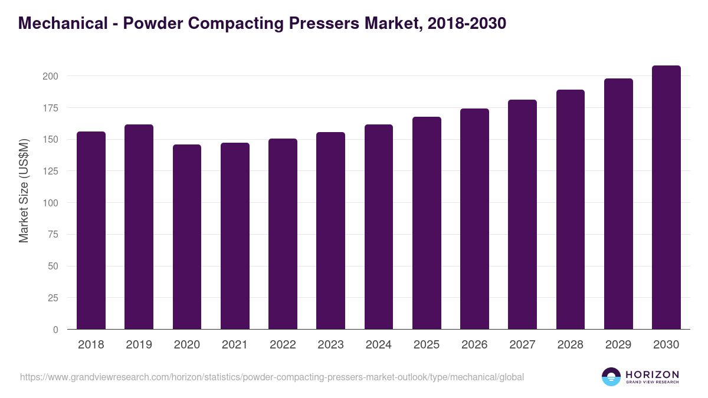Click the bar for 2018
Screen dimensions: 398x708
pyautogui.click(x=91, y=230)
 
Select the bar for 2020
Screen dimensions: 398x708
pyautogui.click(x=187, y=236)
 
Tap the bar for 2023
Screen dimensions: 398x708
pyautogui.click(x=330, y=231)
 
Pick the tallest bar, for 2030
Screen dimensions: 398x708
pyautogui.click(x=666, y=197)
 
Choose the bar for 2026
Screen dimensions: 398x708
pyautogui.click(x=474, y=219)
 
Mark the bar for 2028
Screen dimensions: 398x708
pyautogui.click(x=571, y=209)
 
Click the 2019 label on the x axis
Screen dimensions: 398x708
pyautogui.click(x=139, y=345)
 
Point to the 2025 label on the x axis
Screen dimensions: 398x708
pyautogui.click(x=427, y=345)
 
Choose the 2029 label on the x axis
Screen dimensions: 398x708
pyautogui.click(x=618, y=345)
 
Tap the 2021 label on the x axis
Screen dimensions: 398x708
pyautogui.click(x=235, y=345)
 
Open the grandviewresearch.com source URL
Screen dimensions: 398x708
pyautogui.click(x=272, y=377)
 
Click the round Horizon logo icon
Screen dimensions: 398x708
pyautogui.click(x=611, y=377)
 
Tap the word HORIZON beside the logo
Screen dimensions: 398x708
pyautogui.click(x=652, y=374)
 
